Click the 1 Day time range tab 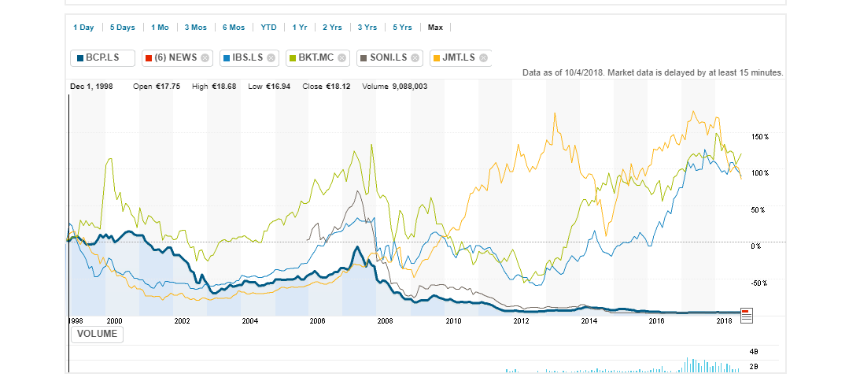pos(83,28)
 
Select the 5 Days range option pos(122,28)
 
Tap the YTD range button pos(269,28)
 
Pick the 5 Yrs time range pos(402,28)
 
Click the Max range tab pos(435,28)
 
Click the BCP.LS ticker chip pos(102,57)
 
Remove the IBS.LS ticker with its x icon pos(271,57)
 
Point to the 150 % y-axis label pos(760,137)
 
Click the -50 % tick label pos(760,283)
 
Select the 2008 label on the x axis pos(385,321)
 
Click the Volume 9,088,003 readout pos(394,86)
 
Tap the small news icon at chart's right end pos(747,315)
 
